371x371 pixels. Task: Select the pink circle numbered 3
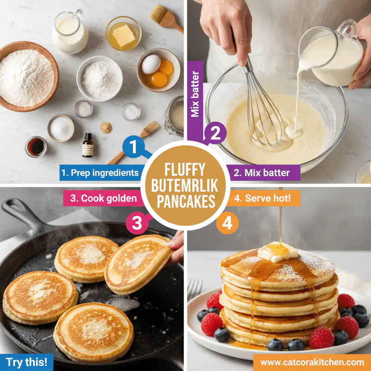pyautogui.click(x=137, y=223)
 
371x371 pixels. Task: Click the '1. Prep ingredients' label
pyautogui.click(x=100, y=173)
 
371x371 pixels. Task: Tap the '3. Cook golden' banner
pyautogui.click(x=100, y=198)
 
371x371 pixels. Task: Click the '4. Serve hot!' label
pyautogui.click(x=265, y=198)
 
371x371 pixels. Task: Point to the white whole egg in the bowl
pyautogui.click(x=151, y=64)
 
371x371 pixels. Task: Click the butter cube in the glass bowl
pyautogui.click(x=123, y=36)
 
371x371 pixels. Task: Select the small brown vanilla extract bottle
pyautogui.click(x=87, y=145)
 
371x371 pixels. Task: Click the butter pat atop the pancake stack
pyautogui.click(x=277, y=251)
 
